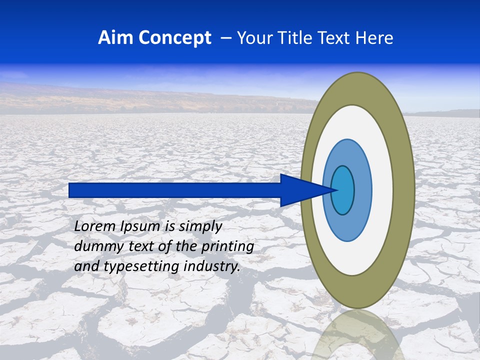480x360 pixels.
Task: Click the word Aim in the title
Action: [x=115, y=38]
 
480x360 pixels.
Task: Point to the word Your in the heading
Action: [x=253, y=38]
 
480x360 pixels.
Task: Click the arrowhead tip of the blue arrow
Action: [x=335, y=190]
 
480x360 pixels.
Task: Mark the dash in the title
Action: [x=225, y=38]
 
